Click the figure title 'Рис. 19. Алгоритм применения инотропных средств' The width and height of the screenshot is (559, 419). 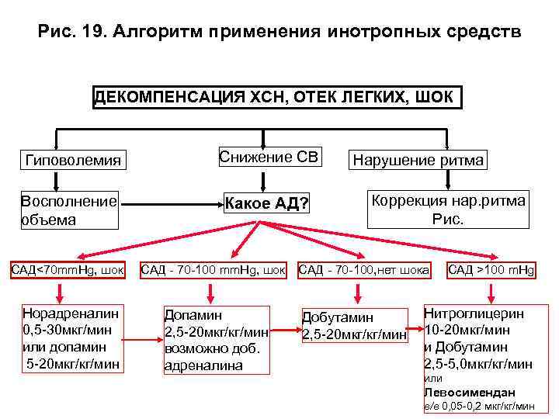point(279,33)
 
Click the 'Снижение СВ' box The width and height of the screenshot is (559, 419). point(269,158)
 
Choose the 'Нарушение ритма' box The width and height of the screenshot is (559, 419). point(418,161)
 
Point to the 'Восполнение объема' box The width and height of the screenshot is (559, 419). point(69,209)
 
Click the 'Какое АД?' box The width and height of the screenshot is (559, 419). point(267,204)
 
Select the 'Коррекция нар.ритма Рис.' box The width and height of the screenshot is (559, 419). point(448,209)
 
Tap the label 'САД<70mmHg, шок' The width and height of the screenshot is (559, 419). point(68,270)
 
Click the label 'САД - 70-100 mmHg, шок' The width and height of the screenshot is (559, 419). point(214,270)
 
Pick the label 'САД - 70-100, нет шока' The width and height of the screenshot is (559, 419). point(363,270)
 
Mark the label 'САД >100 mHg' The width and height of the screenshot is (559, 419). point(491,270)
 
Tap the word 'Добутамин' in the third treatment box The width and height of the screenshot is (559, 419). point(338,318)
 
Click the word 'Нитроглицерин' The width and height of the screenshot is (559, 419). point(474,314)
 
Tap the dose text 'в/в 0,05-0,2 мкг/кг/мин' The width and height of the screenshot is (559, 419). point(479,406)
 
